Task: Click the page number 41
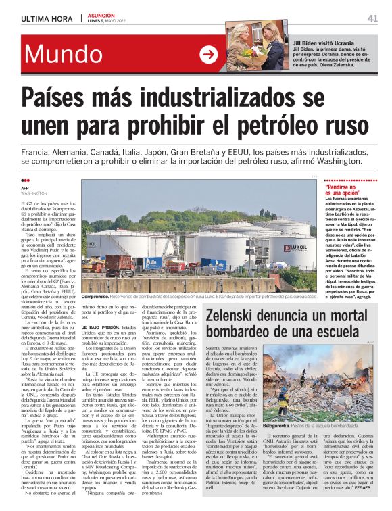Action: [x=372, y=18]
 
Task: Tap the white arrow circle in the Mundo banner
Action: [x=210, y=54]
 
